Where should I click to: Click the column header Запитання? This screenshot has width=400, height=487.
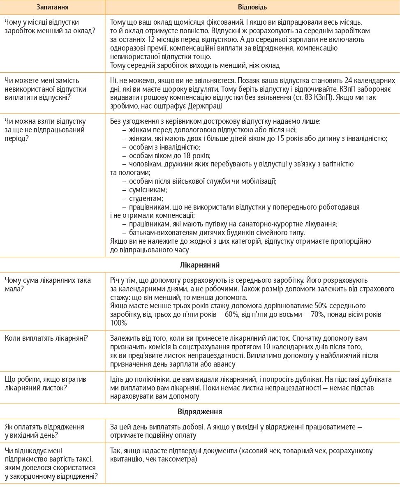click(53, 7)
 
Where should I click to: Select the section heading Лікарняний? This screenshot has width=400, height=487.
click(200, 265)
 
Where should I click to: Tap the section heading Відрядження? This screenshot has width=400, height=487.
click(200, 411)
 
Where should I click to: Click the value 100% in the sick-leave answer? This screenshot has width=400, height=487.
click(119, 323)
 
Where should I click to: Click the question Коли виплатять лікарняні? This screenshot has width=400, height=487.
click(48, 338)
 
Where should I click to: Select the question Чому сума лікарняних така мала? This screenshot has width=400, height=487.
click(48, 284)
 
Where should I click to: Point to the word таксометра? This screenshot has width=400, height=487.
click(177, 459)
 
